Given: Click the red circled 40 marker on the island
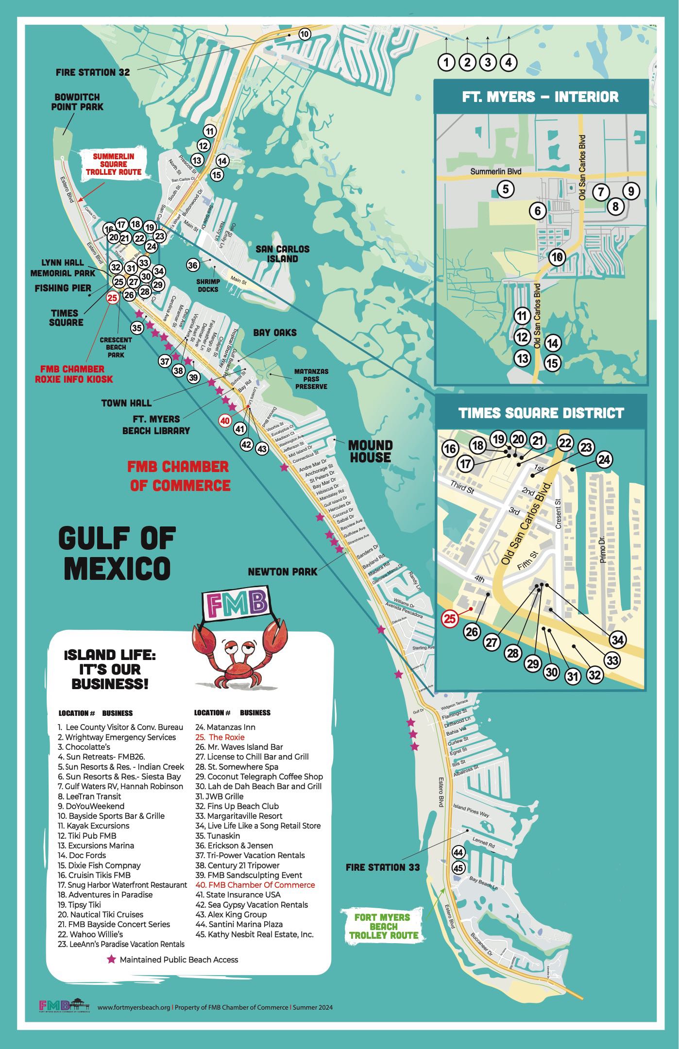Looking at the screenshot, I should pyautogui.click(x=224, y=421).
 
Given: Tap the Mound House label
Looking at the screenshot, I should pyautogui.click(x=370, y=451).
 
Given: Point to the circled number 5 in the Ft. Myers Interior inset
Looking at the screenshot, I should pyautogui.click(x=505, y=188).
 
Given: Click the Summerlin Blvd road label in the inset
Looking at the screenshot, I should pyautogui.click(x=495, y=171).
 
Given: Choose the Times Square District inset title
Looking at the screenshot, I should pyautogui.click(x=541, y=413).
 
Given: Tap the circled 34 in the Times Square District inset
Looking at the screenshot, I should pyautogui.click(x=617, y=640).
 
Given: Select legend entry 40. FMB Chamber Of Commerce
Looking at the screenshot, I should pyautogui.click(x=255, y=884).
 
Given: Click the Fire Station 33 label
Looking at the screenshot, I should pyautogui.click(x=383, y=867).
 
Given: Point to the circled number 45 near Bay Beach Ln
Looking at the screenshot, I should pyautogui.click(x=458, y=867).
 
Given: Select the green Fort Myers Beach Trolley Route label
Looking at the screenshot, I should pyautogui.click(x=383, y=926).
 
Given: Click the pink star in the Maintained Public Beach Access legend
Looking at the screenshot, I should pyautogui.click(x=112, y=959).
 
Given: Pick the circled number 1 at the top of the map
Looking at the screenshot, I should pyautogui.click(x=446, y=62).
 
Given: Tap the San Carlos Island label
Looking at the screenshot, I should pyautogui.click(x=283, y=254).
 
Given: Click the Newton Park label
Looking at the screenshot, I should pyautogui.click(x=282, y=572).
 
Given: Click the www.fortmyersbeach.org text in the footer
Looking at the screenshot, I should pyautogui.click(x=134, y=1007).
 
